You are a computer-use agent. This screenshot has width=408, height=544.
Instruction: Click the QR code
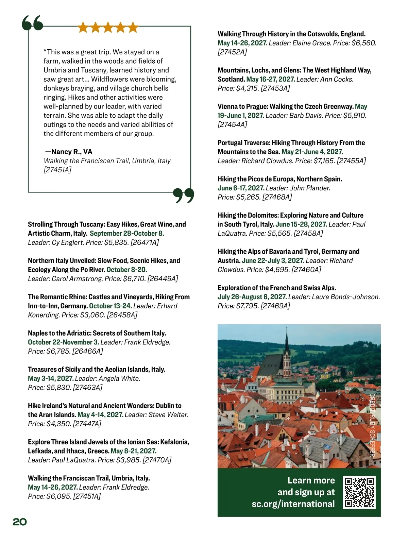click(x=359, y=492)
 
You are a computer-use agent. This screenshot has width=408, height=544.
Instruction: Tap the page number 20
click(x=20, y=522)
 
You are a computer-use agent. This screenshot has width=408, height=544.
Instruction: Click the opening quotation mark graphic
click(x=32, y=23)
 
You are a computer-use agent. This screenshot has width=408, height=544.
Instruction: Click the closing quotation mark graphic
click(x=184, y=195)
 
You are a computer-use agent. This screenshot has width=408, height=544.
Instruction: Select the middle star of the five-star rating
click(x=108, y=28)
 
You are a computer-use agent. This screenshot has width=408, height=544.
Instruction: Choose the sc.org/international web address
click(x=293, y=504)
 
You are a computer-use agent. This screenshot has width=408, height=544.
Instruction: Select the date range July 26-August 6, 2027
click(x=252, y=297)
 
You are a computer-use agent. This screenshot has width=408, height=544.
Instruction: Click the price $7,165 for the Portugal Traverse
click(x=324, y=161)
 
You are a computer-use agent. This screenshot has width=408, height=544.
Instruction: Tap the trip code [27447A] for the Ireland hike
click(x=87, y=424)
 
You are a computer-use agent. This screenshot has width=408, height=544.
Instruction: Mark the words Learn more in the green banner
click(x=311, y=480)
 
